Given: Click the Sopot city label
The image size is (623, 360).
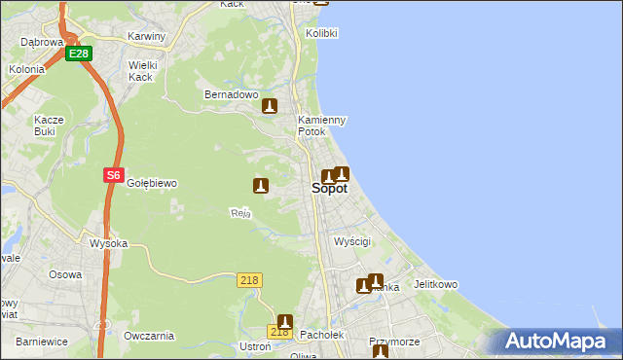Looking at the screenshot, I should pyautogui.click(x=329, y=189).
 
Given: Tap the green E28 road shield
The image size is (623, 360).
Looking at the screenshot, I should pyautogui.click(x=79, y=54).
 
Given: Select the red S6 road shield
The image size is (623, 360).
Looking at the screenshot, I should pyautogui.click(x=113, y=176).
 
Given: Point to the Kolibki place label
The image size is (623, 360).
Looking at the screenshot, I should pyautogui.click(x=321, y=33).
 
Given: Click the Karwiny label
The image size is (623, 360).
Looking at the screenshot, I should pyautogui.click(x=147, y=36).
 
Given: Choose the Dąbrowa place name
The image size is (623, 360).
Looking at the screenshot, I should pyautogui.click(x=42, y=42).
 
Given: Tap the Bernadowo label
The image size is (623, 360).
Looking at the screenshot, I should pyautogui.click(x=230, y=95).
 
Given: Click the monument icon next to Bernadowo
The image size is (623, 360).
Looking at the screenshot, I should pyautogui.click(x=270, y=107).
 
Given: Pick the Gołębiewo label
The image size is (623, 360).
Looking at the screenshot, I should pyautogui.click(x=151, y=183).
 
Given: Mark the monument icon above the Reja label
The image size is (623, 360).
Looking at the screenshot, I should pyautogui.click(x=260, y=185).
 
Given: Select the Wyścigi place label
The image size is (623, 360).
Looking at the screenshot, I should pyautogui.click(x=352, y=240).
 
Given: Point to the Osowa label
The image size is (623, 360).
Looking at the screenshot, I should pyautogui.click(x=65, y=274).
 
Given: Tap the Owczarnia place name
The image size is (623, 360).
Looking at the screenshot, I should pyautogui.click(x=149, y=336).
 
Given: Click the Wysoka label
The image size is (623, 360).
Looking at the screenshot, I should pyautogui.click(x=108, y=243).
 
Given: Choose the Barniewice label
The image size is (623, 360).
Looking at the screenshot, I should pyautogui.click(x=41, y=342).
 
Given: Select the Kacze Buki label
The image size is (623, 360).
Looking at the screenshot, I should pyautogui.click(x=49, y=126).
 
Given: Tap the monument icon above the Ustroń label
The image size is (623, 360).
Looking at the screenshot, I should pyautogui.click(x=285, y=321).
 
